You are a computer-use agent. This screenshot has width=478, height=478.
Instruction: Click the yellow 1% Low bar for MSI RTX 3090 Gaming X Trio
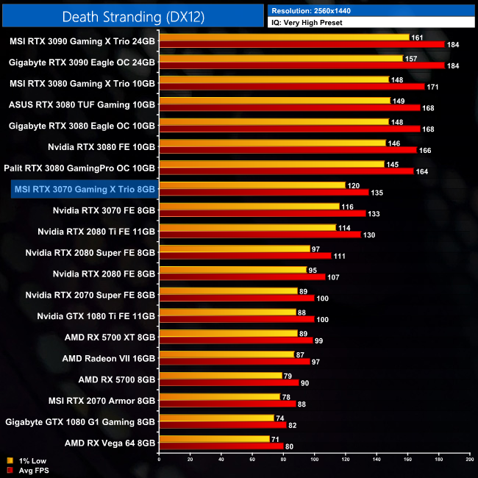[284, 37]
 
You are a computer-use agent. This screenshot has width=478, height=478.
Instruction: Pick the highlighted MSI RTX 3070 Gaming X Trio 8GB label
[84, 189]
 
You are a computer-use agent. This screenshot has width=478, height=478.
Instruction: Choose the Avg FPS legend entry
[27, 470]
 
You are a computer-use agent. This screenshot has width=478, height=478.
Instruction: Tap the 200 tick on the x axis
[469, 459]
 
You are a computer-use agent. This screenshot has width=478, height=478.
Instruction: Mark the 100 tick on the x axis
[314, 459]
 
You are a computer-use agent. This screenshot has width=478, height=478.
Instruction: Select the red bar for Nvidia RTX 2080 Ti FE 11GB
[260, 235]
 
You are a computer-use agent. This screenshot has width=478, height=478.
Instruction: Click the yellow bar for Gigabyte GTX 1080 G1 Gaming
[216, 418]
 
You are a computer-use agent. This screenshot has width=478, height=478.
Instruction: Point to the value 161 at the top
[418, 37]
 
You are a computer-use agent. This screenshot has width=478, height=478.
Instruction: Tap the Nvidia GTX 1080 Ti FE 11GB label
[96, 316]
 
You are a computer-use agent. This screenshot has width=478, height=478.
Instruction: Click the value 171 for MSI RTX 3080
[434, 87]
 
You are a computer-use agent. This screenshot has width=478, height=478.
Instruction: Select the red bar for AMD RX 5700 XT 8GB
[235, 340]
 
